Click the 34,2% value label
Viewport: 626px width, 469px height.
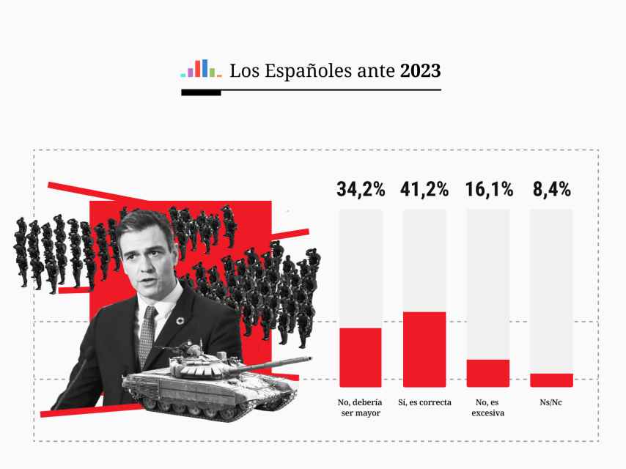(x=361, y=189)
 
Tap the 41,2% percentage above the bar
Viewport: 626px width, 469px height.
(x=424, y=189)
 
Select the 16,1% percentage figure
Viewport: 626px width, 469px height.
(x=489, y=189)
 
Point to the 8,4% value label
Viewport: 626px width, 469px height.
(x=550, y=189)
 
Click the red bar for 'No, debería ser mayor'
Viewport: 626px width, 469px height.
(x=361, y=357)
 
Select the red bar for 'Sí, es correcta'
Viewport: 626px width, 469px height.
(x=424, y=349)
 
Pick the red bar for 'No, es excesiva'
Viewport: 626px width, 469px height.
(x=488, y=373)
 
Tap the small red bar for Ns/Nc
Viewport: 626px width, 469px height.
(x=551, y=380)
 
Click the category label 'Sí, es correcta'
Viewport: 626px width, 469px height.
(x=424, y=402)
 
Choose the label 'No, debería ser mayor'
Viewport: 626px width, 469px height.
(x=361, y=407)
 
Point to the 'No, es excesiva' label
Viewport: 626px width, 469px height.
(x=488, y=407)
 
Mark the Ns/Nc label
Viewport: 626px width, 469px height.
(x=551, y=402)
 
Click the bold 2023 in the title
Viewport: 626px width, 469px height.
(x=420, y=71)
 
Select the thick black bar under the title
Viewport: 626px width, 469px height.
(x=201, y=93)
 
